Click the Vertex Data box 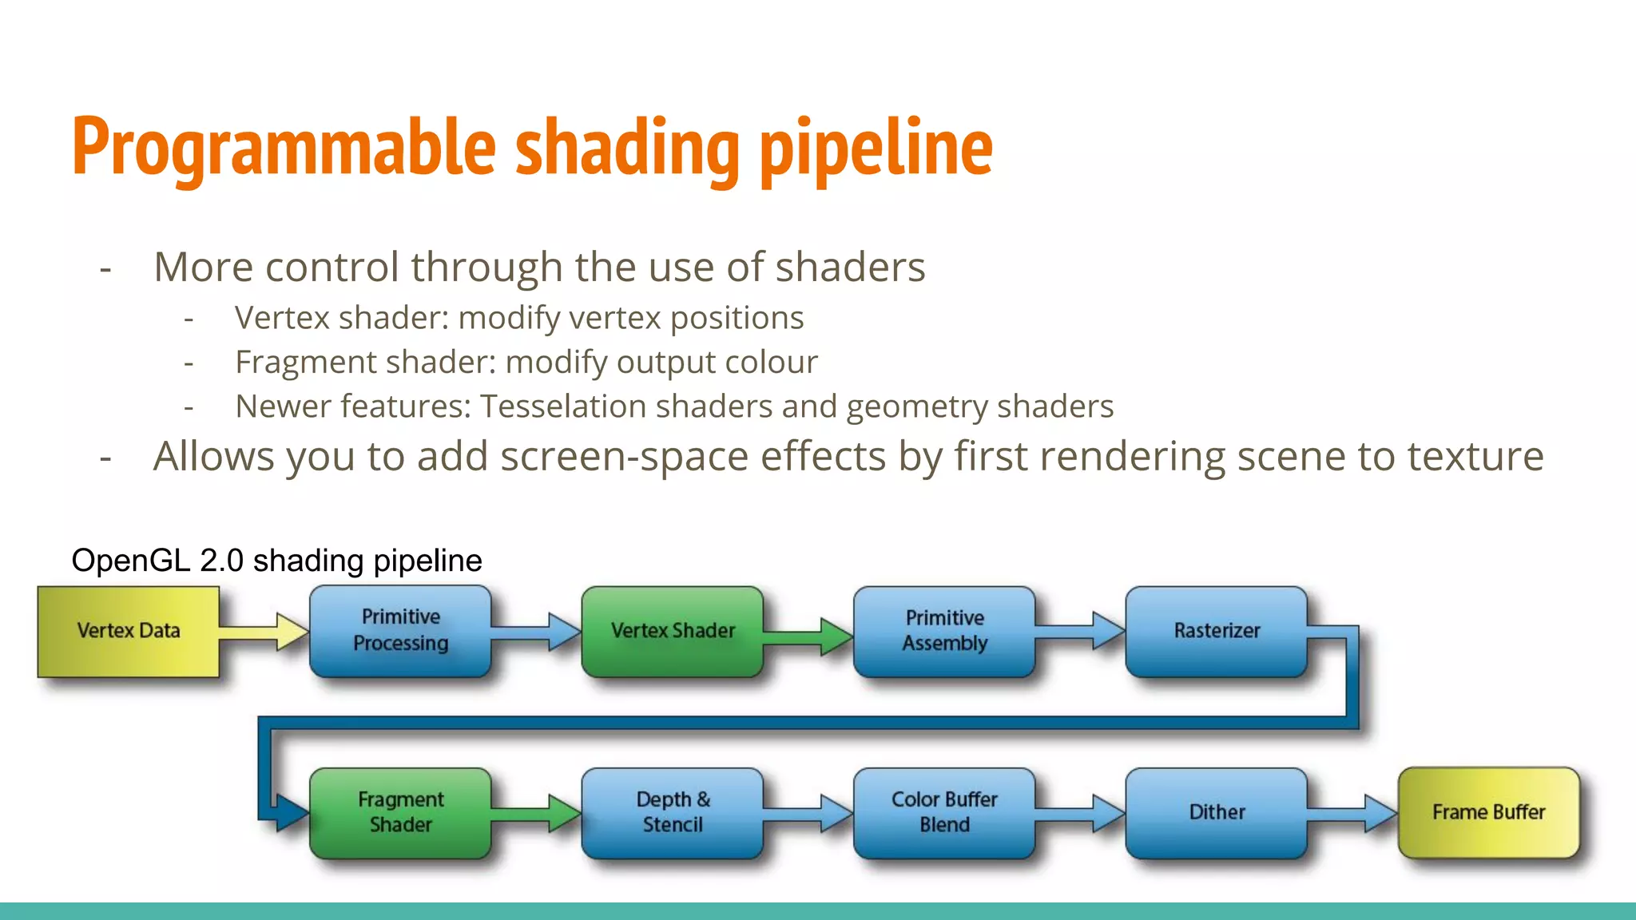(x=129, y=631)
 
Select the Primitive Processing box (x=400, y=631)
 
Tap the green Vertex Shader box (x=673, y=631)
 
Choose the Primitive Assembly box (x=944, y=631)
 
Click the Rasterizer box (x=1216, y=631)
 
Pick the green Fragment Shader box (x=400, y=812)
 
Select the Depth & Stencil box (x=673, y=812)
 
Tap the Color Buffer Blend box (x=944, y=812)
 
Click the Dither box (x=1216, y=812)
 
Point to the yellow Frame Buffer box (x=1488, y=812)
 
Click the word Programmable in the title (x=284, y=148)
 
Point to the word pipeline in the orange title (x=876, y=148)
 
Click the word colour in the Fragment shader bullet (x=772, y=363)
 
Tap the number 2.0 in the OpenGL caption (x=221, y=561)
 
